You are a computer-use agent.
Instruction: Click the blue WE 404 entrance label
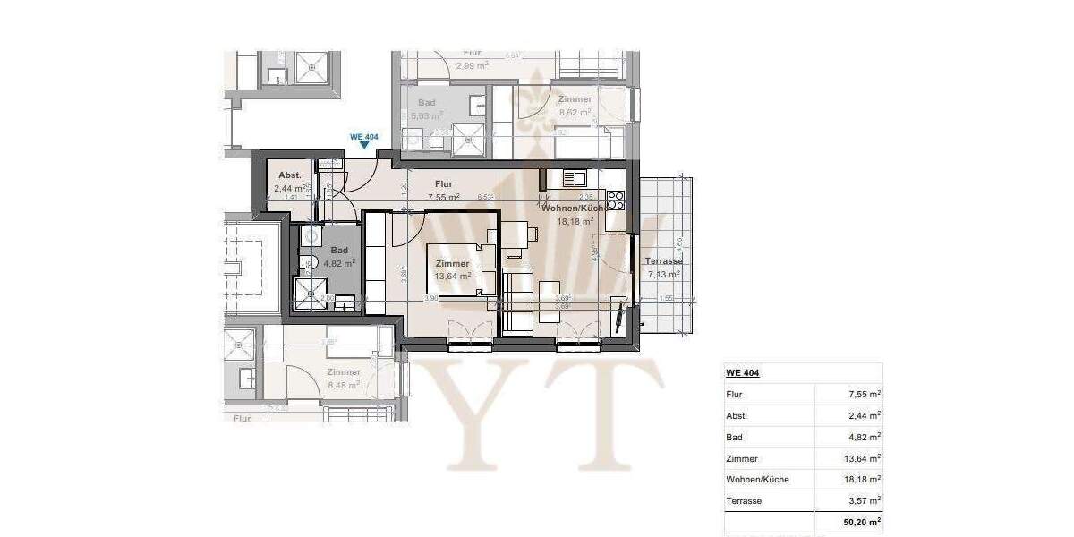click(364, 137)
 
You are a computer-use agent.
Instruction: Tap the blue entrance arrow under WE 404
click(364, 147)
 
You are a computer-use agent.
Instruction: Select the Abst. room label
click(289, 175)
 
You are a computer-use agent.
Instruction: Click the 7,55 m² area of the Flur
click(443, 197)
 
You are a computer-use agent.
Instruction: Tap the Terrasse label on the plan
click(663, 261)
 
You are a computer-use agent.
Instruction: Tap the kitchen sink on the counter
click(573, 178)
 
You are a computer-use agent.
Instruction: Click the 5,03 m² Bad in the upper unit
click(427, 115)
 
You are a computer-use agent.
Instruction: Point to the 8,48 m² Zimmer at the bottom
click(344, 385)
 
